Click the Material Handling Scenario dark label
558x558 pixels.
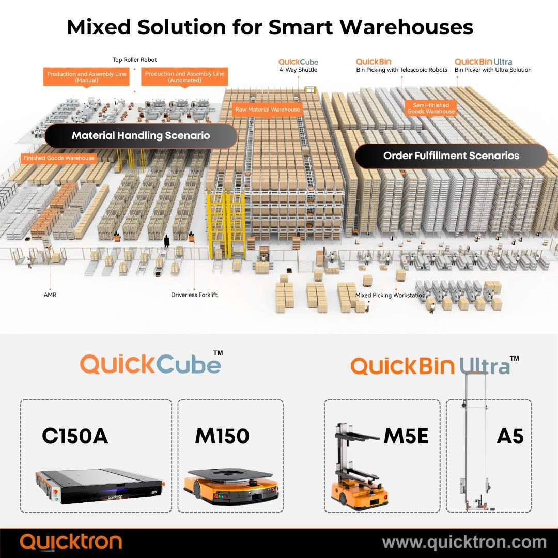(x=141, y=136)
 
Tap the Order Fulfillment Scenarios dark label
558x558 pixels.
(x=451, y=156)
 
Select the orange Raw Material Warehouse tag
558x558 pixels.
(x=268, y=110)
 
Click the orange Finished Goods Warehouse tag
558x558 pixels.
(x=59, y=158)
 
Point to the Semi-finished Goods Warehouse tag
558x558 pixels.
(x=431, y=108)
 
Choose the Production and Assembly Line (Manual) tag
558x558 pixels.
(x=87, y=77)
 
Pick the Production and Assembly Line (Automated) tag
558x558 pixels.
(x=184, y=77)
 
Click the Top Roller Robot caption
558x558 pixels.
(x=135, y=60)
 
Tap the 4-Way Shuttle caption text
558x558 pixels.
(x=298, y=70)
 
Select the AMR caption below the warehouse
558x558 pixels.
(x=50, y=295)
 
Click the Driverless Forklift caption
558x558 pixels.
(x=194, y=295)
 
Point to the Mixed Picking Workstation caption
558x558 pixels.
(x=390, y=295)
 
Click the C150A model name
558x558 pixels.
(x=75, y=437)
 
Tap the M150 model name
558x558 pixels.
(x=222, y=437)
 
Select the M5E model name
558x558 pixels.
(x=406, y=437)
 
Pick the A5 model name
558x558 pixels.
(x=510, y=437)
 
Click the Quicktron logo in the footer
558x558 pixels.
(x=71, y=542)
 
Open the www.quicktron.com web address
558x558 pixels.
(x=464, y=542)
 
